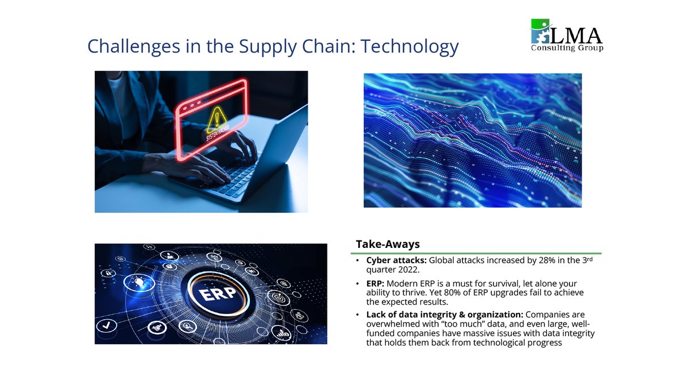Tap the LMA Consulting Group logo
(566, 35)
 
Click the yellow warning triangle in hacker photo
(216, 118)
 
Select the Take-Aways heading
(388, 244)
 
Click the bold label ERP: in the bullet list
(376, 283)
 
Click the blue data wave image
(472, 140)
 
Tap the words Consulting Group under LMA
(567, 49)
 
